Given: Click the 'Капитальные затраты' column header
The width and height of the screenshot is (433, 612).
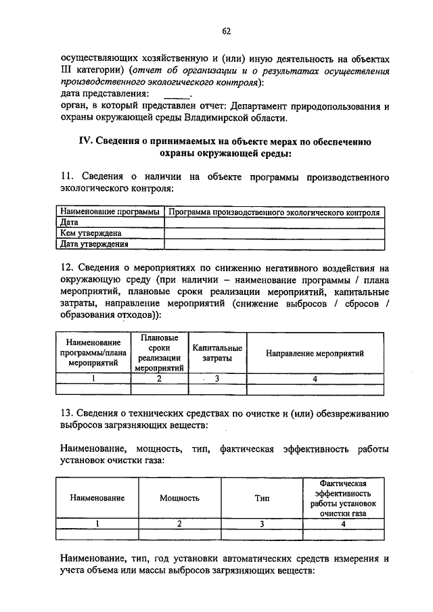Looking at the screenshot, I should (216, 352).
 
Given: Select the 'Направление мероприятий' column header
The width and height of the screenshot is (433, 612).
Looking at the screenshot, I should (315, 353).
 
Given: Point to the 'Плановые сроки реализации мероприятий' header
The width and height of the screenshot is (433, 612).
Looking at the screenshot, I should (160, 353).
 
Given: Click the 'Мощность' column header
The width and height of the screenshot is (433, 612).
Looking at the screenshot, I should (179, 498).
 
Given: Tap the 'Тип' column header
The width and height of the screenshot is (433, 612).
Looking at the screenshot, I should (262, 498).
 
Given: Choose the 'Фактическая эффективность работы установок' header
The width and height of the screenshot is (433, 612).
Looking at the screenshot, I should (343, 498).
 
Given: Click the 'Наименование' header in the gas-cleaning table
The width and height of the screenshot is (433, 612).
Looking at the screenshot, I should (97, 498).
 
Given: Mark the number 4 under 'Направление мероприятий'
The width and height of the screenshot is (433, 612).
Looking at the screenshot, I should (315, 379).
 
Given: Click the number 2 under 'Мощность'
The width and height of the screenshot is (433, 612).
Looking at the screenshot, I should (179, 523).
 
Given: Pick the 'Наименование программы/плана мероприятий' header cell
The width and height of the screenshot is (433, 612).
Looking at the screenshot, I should (93, 353).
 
